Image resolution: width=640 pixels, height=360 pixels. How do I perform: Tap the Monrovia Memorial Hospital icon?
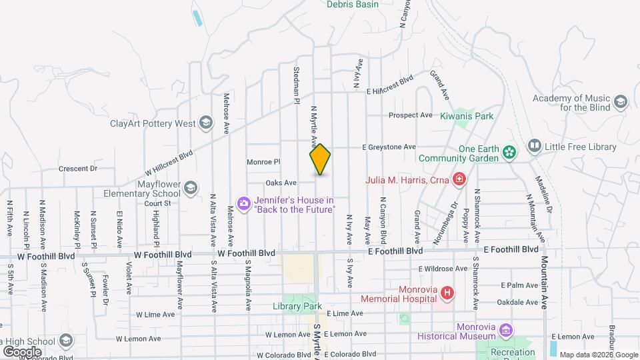[x=447, y=293]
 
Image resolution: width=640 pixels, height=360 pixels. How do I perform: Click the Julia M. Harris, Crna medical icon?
[x=459, y=179]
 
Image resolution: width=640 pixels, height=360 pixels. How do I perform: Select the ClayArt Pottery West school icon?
[x=206, y=123]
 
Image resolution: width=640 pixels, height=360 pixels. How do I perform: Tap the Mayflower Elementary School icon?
[x=191, y=187]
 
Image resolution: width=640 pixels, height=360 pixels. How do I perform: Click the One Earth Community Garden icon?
[x=509, y=153]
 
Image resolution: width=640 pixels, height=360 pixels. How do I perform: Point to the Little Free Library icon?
[x=533, y=145]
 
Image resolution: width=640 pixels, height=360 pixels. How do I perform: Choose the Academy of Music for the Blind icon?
[x=621, y=102]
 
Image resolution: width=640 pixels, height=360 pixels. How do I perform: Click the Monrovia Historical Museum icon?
[x=506, y=330]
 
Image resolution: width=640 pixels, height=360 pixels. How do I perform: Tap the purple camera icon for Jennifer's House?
[x=244, y=203]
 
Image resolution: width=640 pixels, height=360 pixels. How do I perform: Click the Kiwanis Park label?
[x=467, y=116]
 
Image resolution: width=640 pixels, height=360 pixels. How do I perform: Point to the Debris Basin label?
[x=353, y=5]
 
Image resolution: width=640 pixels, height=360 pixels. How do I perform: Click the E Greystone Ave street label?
[x=389, y=147]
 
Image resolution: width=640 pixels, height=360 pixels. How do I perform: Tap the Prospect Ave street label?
[x=411, y=115]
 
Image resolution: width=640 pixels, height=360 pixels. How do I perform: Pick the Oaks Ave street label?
[x=281, y=183]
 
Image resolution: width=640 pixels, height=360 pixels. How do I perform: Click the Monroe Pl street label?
[x=263, y=162]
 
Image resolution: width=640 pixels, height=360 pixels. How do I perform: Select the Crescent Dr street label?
[x=78, y=169]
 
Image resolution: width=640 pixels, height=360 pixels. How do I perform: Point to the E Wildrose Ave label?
[x=443, y=269]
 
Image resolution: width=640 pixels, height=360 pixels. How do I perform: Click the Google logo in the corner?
[x=22, y=351]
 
